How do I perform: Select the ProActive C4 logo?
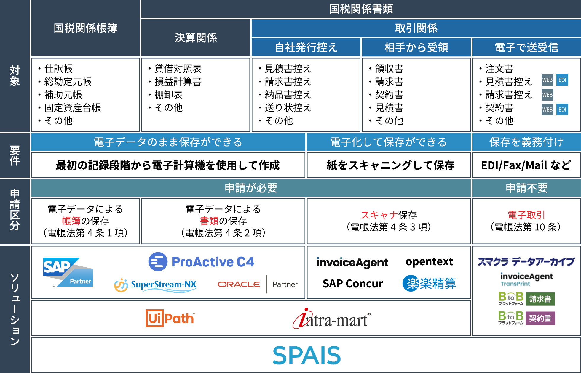(201, 262)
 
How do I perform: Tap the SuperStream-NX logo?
(155, 285)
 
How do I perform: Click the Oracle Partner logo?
(257, 284)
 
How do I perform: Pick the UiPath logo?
(170, 318)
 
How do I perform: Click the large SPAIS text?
(307, 355)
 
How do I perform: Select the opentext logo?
(429, 262)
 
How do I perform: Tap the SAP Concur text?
(353, 284)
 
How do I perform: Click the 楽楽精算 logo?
(429, 284)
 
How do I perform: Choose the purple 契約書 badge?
(540, 318)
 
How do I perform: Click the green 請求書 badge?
(540, 299)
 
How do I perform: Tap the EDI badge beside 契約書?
(562, 110)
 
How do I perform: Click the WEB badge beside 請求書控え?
(547, 95)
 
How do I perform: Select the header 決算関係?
(196, 38)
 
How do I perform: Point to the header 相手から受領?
(416, 47)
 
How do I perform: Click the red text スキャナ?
(379, 215)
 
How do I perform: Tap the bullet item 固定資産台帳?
(73, 108)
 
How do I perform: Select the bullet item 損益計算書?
(178, 82)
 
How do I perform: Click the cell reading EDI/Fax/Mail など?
(526, 165)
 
